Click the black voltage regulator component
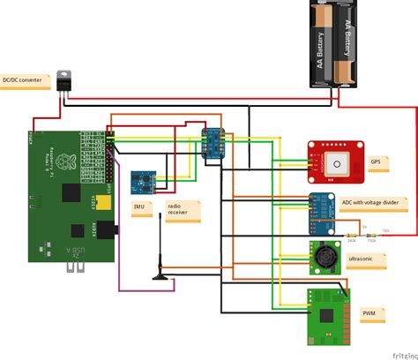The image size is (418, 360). tap(64, 80)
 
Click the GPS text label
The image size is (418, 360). tap(376, 161)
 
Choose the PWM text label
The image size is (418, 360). tap(369, 312)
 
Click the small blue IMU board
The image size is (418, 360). tap(141, 184)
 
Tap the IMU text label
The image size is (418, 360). tap(139, 207)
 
